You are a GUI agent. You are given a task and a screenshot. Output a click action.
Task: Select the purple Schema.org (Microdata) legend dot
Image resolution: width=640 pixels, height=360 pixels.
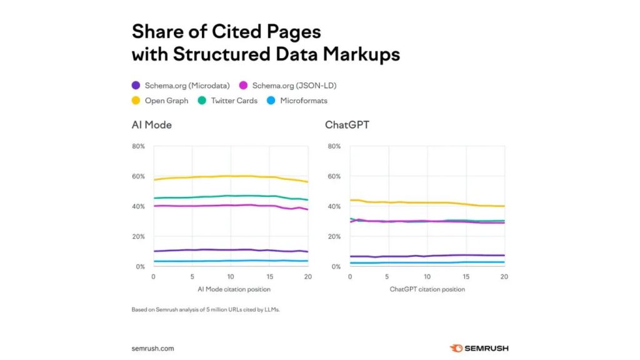136,85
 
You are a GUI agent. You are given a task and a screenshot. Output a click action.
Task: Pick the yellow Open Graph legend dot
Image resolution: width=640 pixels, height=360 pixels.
136,101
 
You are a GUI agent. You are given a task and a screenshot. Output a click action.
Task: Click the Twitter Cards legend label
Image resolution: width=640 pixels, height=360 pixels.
234,101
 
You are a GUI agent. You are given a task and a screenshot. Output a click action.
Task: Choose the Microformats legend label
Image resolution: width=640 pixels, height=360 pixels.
304,101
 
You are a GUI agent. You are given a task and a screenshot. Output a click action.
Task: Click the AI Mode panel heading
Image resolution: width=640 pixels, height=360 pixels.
151,125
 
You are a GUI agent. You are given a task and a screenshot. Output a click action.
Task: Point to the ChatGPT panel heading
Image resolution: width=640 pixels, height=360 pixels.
347,125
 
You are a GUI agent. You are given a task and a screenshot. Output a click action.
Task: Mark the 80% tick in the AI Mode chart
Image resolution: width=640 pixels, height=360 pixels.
138,146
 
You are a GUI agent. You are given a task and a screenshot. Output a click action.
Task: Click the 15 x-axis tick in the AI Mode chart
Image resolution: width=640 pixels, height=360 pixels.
269,276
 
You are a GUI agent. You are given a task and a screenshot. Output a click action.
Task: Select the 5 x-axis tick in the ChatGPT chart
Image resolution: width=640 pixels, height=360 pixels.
388,276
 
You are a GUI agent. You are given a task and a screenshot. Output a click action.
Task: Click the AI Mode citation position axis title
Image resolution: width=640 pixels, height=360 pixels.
231,289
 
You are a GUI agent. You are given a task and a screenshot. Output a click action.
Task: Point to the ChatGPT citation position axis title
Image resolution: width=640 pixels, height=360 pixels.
427,289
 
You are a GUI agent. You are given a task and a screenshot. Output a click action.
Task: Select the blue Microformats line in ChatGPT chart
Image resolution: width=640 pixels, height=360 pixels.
427,262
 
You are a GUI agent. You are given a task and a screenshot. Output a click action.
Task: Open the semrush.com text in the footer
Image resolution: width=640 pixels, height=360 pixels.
152,348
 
